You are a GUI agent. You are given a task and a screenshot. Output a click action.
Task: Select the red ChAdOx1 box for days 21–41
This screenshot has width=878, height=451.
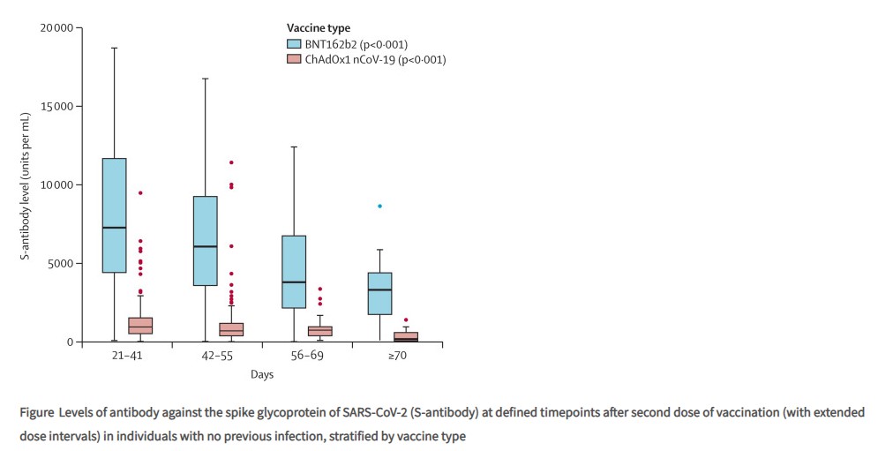pyautogui.click(x=139, y=325)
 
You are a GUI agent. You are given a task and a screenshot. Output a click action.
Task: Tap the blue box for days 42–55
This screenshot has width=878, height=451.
pyautogui.click(x=206, y=240)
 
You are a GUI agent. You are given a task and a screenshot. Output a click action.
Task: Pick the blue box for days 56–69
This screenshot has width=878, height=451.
pyautogui.click(x=294, y=272)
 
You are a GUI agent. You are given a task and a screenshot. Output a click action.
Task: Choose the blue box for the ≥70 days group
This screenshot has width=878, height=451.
pyautogui.click(x=379, y=293)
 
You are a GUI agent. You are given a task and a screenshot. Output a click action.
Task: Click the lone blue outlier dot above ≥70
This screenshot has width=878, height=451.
pyautogui.click(x=379, y=206)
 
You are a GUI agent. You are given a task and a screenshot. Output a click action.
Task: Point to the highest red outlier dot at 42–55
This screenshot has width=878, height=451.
pyautogui.click(x=231, y=162)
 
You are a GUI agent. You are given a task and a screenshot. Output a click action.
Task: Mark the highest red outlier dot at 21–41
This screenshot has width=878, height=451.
pyautogui.click(x=140, y=192)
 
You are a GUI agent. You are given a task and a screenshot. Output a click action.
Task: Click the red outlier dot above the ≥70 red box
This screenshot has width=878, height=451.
pyautogui.click(x=406, y=319)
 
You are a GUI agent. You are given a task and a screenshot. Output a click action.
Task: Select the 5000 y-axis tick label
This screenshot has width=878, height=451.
pyautogui.click(x=59, y=263)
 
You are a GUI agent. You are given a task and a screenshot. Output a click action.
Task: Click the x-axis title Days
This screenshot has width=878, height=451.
pyautogui.click(x=260, y=374)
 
